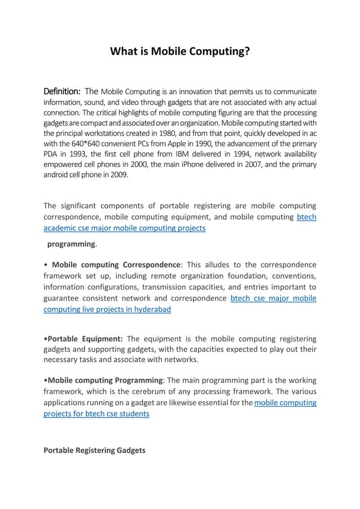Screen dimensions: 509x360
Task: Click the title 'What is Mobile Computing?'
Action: click(179, 52)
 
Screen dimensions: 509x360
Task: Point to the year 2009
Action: click(118, 174)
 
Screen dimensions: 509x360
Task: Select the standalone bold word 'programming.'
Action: click(72, 244)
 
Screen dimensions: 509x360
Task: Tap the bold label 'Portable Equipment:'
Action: click(84, 339)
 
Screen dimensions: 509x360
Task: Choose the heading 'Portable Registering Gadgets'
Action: click(94, 450)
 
